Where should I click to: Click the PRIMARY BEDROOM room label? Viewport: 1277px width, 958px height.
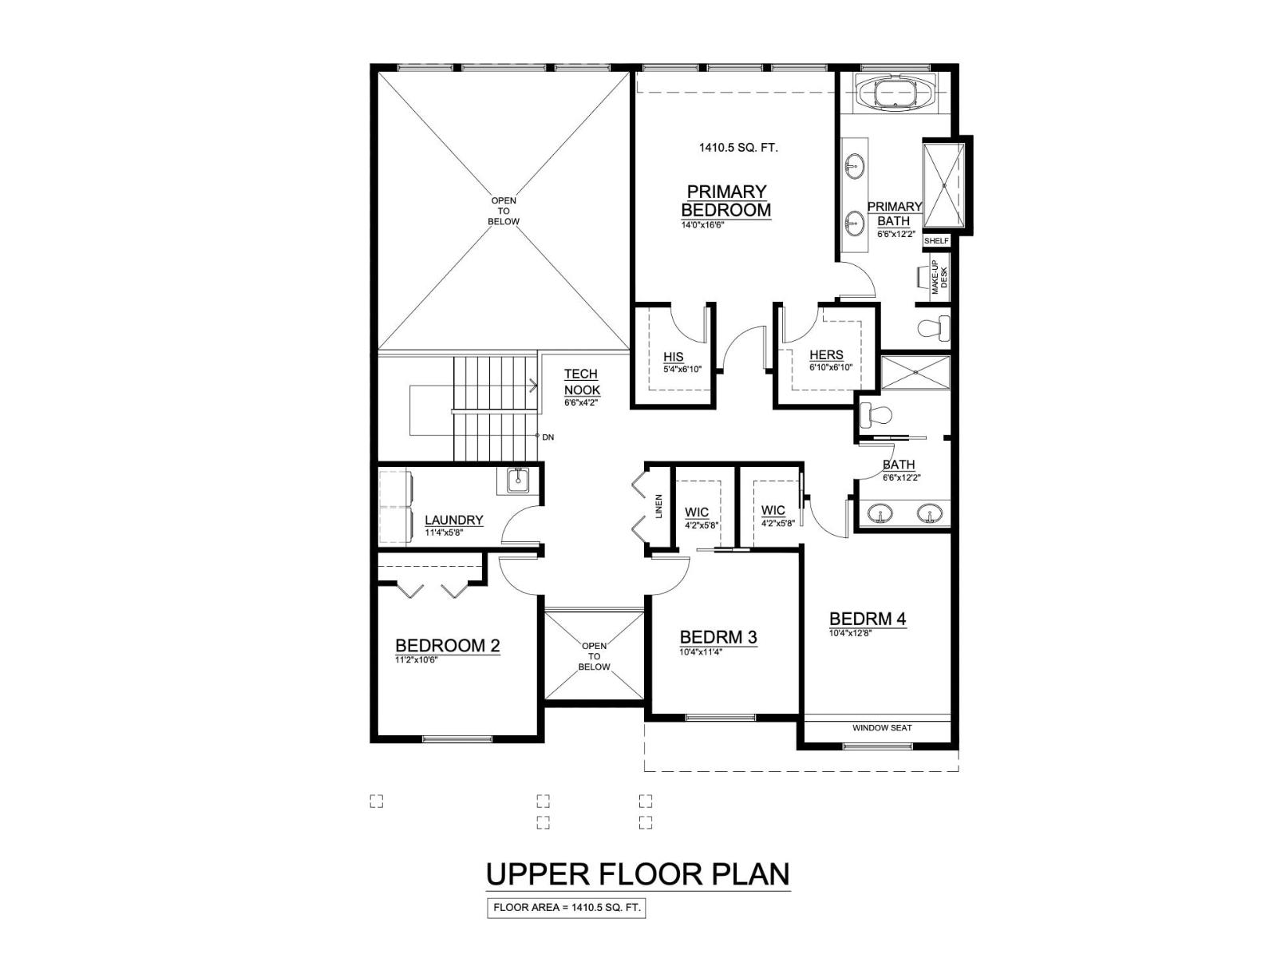[725, 200]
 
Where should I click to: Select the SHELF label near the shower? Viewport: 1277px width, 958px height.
[936, 240]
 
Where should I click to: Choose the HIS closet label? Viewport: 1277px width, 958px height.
[673, 357]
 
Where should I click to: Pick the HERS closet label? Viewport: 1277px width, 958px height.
[825, 355]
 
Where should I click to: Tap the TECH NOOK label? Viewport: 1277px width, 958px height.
[581, 382]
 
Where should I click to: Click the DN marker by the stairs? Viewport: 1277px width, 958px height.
[547, 437]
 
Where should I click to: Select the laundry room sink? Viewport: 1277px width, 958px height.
[518, 480]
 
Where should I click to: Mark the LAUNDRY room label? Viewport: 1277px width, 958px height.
[453, 520]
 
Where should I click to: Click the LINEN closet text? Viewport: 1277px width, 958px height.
[659, 506]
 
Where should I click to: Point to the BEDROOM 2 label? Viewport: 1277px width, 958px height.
[447, 645]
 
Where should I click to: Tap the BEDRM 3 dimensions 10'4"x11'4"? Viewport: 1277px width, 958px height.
[701, 651]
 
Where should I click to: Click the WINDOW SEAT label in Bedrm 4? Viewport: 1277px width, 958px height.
[881, 728]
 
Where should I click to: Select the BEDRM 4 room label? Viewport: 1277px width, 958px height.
[867, 619]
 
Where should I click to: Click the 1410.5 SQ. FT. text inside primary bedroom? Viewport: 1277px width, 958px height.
[738, 148]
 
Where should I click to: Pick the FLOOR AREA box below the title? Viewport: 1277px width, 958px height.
[566, 908]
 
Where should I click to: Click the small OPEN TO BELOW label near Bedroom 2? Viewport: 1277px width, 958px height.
[594, 656]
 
